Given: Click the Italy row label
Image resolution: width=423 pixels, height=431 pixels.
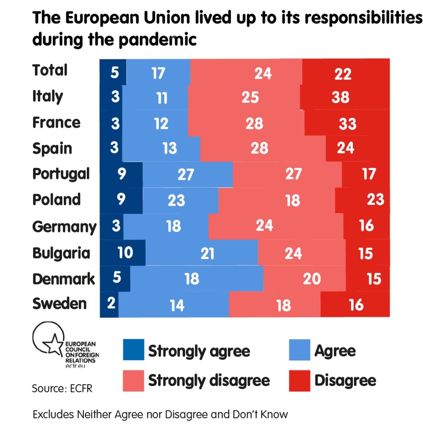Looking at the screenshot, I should coord(47,97).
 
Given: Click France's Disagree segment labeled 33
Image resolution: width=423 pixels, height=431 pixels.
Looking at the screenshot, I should coord(347,123).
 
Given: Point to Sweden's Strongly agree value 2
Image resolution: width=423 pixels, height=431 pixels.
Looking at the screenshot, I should coord(111,304).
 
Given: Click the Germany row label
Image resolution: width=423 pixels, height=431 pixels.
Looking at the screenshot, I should coord(64,227).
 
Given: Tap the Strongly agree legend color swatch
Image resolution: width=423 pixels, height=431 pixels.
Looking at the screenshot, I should coord(133,350).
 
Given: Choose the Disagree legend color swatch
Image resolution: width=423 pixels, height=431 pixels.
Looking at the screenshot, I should coord(299,381).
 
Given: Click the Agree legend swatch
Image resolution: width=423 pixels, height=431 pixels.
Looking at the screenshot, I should coord(299,350).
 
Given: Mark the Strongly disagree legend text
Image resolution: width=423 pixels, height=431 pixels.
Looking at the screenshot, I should coord(209,381).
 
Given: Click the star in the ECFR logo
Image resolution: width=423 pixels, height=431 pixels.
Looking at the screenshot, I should coord(53,344).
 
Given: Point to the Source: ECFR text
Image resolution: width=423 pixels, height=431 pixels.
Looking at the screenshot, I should coord(62,389).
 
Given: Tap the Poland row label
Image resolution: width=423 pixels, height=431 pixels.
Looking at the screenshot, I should coord(56,200).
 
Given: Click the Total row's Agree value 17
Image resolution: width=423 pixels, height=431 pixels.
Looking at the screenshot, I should coord(158,73).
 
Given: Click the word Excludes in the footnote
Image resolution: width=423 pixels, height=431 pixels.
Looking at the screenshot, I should coord(53,414).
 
